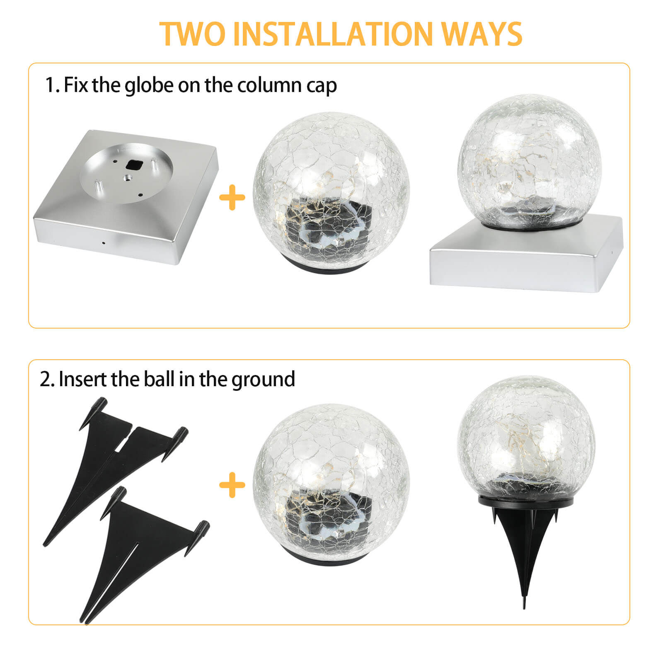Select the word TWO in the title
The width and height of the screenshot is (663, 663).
point(192,34)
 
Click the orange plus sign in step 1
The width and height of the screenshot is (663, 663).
point(232,198)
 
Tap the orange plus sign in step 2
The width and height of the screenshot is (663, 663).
point(232,485)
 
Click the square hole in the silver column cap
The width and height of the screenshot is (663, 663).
point(134,165)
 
